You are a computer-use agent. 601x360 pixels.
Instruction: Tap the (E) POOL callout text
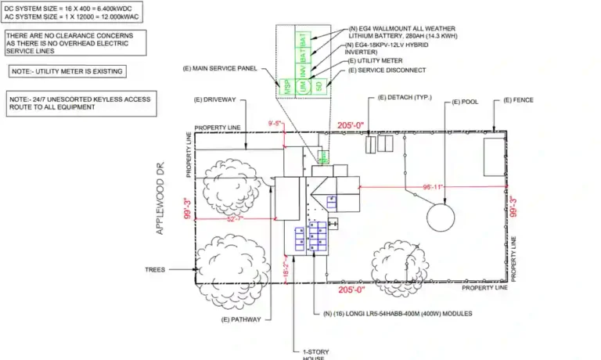click(466, 101)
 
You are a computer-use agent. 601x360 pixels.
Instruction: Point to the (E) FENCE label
click(519, 101)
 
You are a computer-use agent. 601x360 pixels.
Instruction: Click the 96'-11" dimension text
click(432, 187)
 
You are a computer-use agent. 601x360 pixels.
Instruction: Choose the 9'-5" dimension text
click(275, 124)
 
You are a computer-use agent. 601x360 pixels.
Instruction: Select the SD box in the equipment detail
click(318, 86)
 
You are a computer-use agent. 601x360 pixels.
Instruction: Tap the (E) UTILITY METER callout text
click(375, 60)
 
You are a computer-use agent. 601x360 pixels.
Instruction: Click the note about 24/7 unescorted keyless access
click(77, 103)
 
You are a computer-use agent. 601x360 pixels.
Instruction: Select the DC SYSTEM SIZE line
click(57, 8)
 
